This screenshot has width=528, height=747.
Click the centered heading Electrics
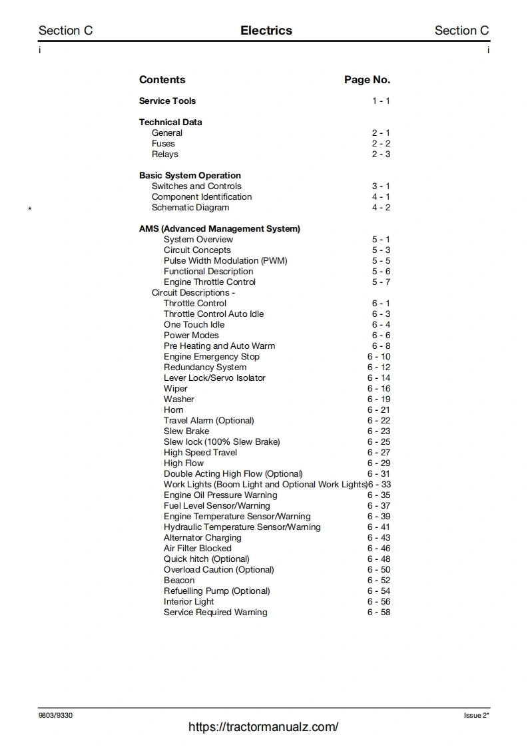[266, 31]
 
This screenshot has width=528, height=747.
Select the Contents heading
[162, 80]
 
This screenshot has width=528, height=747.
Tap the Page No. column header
[367, 80]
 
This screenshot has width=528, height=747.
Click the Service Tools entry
[167, 101]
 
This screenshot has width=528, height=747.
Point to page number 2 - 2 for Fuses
[381, 144]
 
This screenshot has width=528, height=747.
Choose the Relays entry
[164, 154]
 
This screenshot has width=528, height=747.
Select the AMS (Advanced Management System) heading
[219, 229]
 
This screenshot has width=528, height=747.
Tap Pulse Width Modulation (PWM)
[225, 261]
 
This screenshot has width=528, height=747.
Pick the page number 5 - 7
[381, 282]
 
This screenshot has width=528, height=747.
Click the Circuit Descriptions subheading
[193, 293]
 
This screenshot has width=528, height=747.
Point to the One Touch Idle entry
[194, 325]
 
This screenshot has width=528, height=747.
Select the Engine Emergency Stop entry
[211, 357]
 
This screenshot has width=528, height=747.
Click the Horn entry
[173, 410]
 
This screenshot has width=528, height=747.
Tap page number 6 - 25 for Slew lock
[379, 442]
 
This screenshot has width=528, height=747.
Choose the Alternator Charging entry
[202, 538]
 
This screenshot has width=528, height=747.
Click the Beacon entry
[179, 581]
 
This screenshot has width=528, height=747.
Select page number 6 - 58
[379, 613]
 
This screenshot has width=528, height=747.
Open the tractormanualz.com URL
[263, 727]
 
